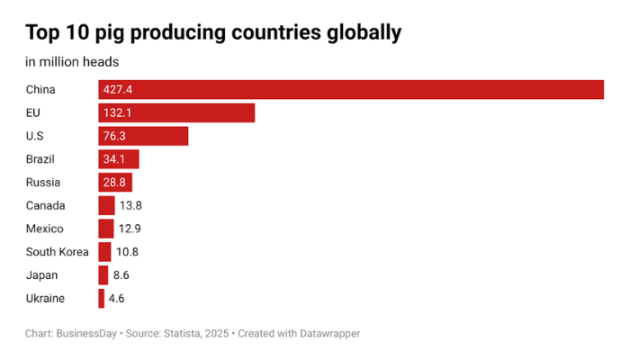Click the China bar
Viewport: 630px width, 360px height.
(x=351, y=89)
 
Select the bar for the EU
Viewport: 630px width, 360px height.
(x=176, y=112)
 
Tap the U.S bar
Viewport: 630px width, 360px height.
(x=143, y=136)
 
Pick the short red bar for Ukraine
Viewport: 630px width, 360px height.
(x=102, y=298)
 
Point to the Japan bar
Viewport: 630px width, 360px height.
(x=103, y=274)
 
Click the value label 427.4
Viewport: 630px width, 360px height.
(x=118, y=89)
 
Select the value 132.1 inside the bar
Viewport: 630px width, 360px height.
(x=118, y=112)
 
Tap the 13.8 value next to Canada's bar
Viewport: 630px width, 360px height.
(x=130, y=205)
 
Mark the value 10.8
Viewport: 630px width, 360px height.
(x=127, y=252)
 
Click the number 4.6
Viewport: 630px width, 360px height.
(x=116, y=298)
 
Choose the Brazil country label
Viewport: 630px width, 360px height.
(x=40, y=159)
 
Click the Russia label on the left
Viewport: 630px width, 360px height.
(x=42, y=183)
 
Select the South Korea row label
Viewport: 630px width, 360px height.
(x=57, y=252)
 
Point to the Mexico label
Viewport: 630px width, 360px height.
(x=44, y=229)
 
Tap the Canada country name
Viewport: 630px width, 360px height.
(x=45, y=205)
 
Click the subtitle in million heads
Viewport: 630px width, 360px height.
(x=72, y=62)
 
